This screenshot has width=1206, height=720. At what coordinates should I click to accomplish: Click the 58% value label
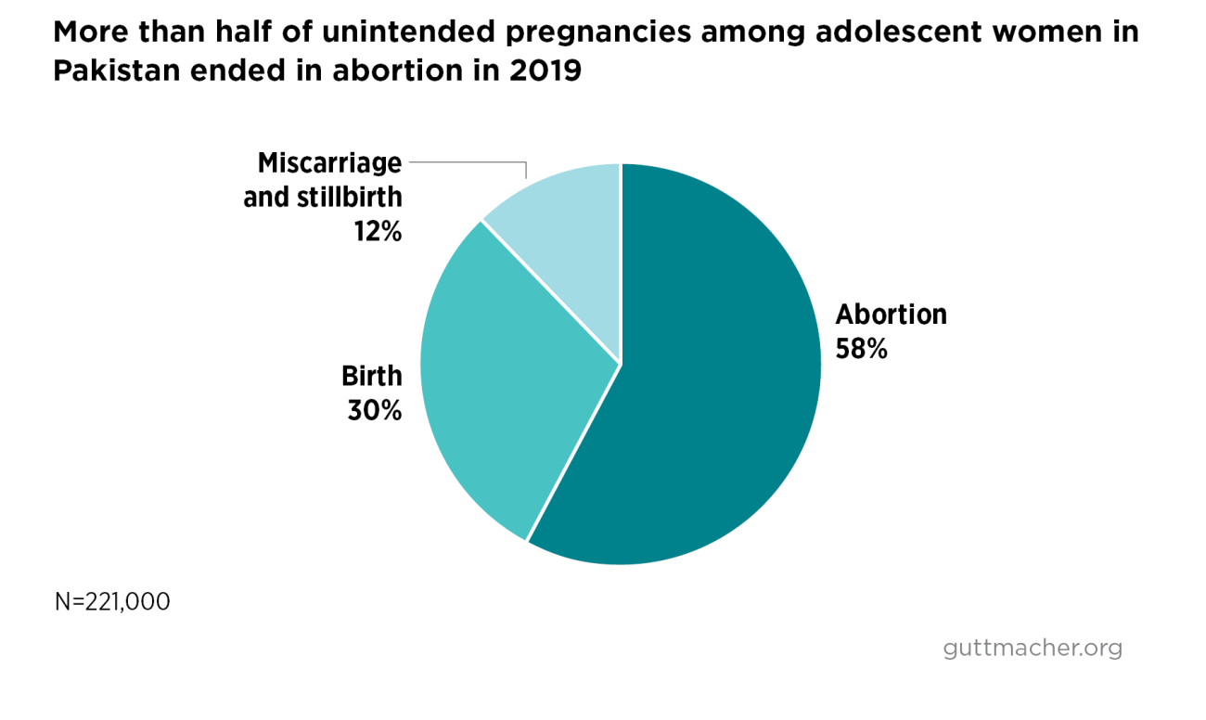tap(862, 349)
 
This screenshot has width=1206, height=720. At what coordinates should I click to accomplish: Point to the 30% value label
tap(375, 410)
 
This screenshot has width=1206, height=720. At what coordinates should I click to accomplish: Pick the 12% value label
tap(377, 232)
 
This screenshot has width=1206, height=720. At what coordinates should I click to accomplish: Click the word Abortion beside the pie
tap(891, 315)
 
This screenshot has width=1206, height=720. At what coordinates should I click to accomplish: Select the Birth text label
tap(372, 376)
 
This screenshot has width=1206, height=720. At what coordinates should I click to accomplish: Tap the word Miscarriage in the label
tap(330, 163)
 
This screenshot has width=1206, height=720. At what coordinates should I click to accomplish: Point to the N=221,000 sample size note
tap(112, 601)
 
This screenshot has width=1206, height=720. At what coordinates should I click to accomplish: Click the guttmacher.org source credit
tap(1032, 648)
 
